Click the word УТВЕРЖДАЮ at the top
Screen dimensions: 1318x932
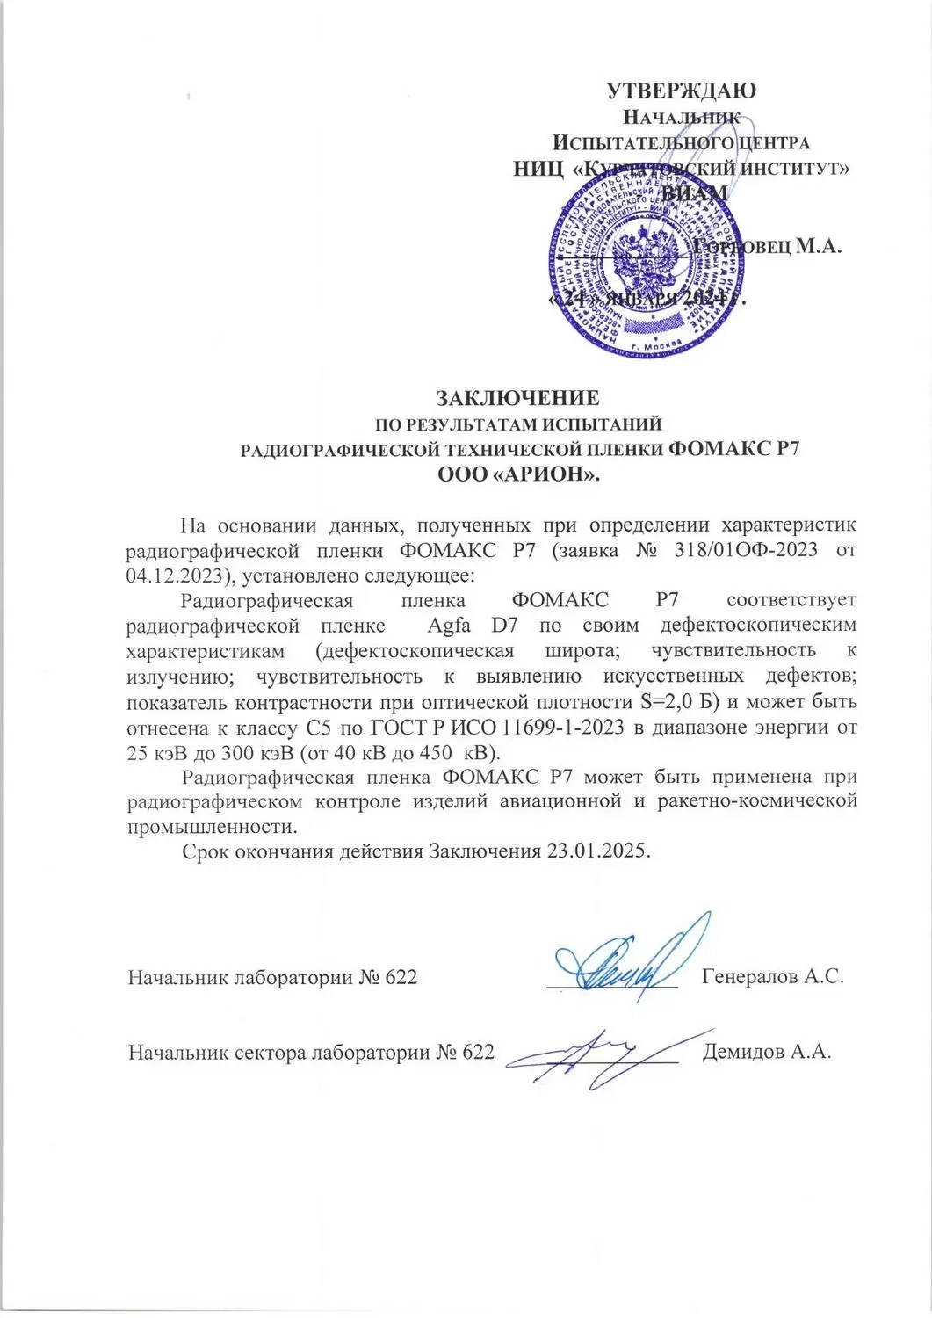pos(682,91)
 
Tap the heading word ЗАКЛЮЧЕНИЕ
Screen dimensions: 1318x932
pos(518,396)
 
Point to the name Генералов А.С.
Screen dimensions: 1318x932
pos(773,976)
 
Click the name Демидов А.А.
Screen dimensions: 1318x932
pos(767,1052)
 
